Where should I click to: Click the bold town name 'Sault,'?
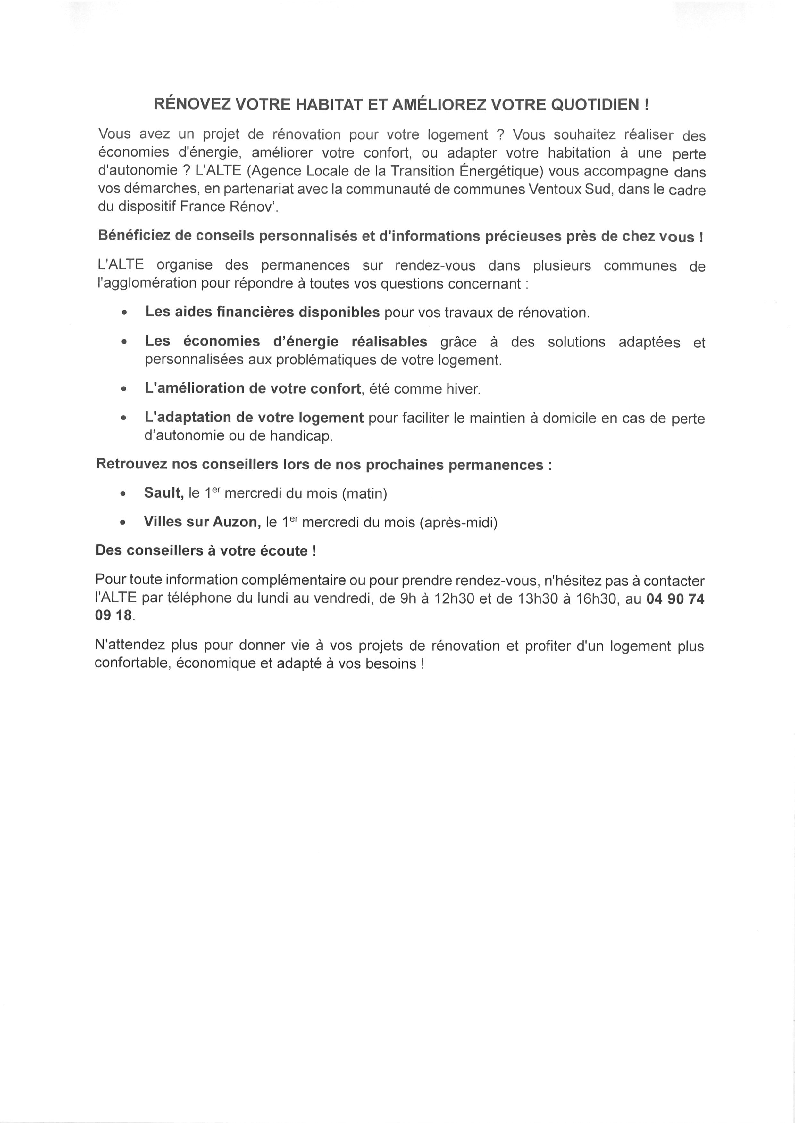tap(163, 493)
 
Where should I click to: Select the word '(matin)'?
tap(365, 494)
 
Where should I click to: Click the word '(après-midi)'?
tap(458, 523)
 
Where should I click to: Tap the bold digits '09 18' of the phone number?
tap(113, 616)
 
